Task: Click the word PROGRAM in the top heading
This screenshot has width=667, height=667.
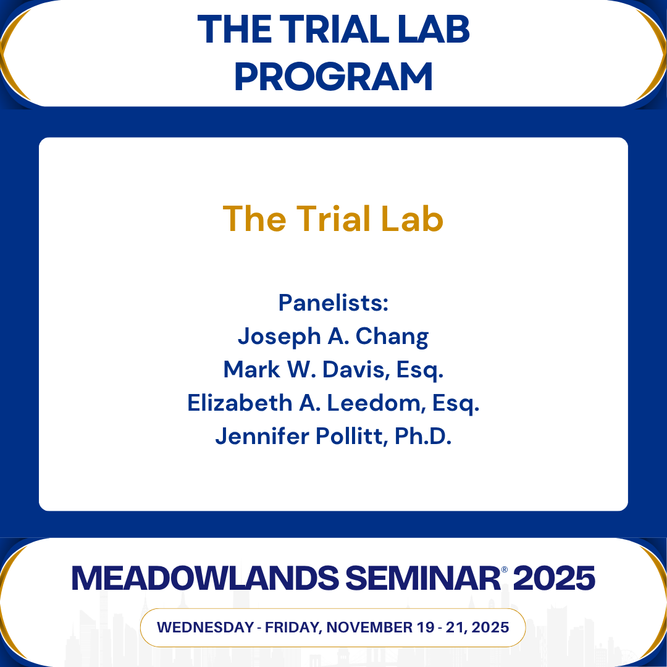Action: click(333, 76)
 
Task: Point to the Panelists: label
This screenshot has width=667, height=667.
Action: click(333, 303)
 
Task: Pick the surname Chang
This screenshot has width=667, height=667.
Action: click(395, 337)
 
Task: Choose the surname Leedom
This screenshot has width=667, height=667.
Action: click(374, 403)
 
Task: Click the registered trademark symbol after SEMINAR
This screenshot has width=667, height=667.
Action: click(504, 569)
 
